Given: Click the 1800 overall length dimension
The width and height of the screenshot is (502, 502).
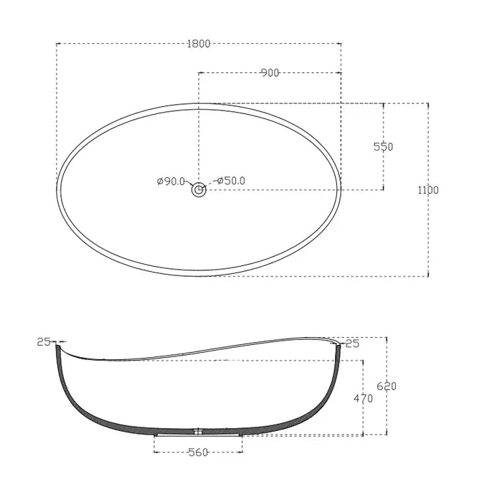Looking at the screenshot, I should tap(199, 44).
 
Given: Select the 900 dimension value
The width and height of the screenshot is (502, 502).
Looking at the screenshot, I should tap(270, 72).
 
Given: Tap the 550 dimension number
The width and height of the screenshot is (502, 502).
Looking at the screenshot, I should tap(384, 146).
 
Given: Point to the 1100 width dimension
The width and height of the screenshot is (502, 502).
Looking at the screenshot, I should tap(428, 190).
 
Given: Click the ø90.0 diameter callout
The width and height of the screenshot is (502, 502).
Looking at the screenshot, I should tap(171, 181).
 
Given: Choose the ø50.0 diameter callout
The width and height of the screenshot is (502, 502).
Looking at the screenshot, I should tap(230, 181).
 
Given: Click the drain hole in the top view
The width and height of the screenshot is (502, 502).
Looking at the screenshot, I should tap(199, 191).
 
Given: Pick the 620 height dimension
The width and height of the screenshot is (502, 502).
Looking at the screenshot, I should tap(387, 386).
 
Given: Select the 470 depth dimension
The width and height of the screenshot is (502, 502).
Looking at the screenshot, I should tap(363, 399).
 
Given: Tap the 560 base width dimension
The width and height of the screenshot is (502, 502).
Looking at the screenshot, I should tap(199, 452).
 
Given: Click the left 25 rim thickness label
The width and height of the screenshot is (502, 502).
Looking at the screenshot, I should tap(44, 342).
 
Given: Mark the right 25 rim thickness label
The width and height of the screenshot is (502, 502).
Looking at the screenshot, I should tap(352, 344).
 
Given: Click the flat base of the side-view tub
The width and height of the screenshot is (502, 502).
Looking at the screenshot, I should tap(199, 432).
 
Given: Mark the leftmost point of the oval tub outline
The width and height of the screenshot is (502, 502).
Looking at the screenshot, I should tap(57, 190).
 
